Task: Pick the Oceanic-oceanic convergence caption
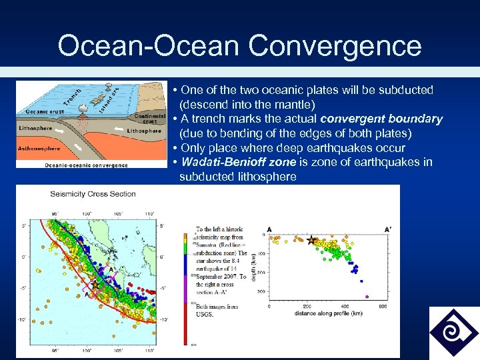pyautogui.click(x=87, y=165)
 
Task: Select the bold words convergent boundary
pyautogui.click(x=381, y=119)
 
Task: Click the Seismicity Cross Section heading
pyautogui.click(x=93, y=194)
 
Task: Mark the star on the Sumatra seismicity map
pyautogui.click(x=95, y=285)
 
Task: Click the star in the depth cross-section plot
pyautogui.click(x=311, y=240)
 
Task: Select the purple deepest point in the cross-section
pyautogui.click(x=366, y=296)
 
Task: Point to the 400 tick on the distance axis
pyautogui.click(x=345, y=307)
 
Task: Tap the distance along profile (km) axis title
pyautogui.click(x=327, y=313)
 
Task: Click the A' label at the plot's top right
pyautogui.click(x=388, y=229)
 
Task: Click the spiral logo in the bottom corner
pyautogui.click(x=454, y=332)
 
